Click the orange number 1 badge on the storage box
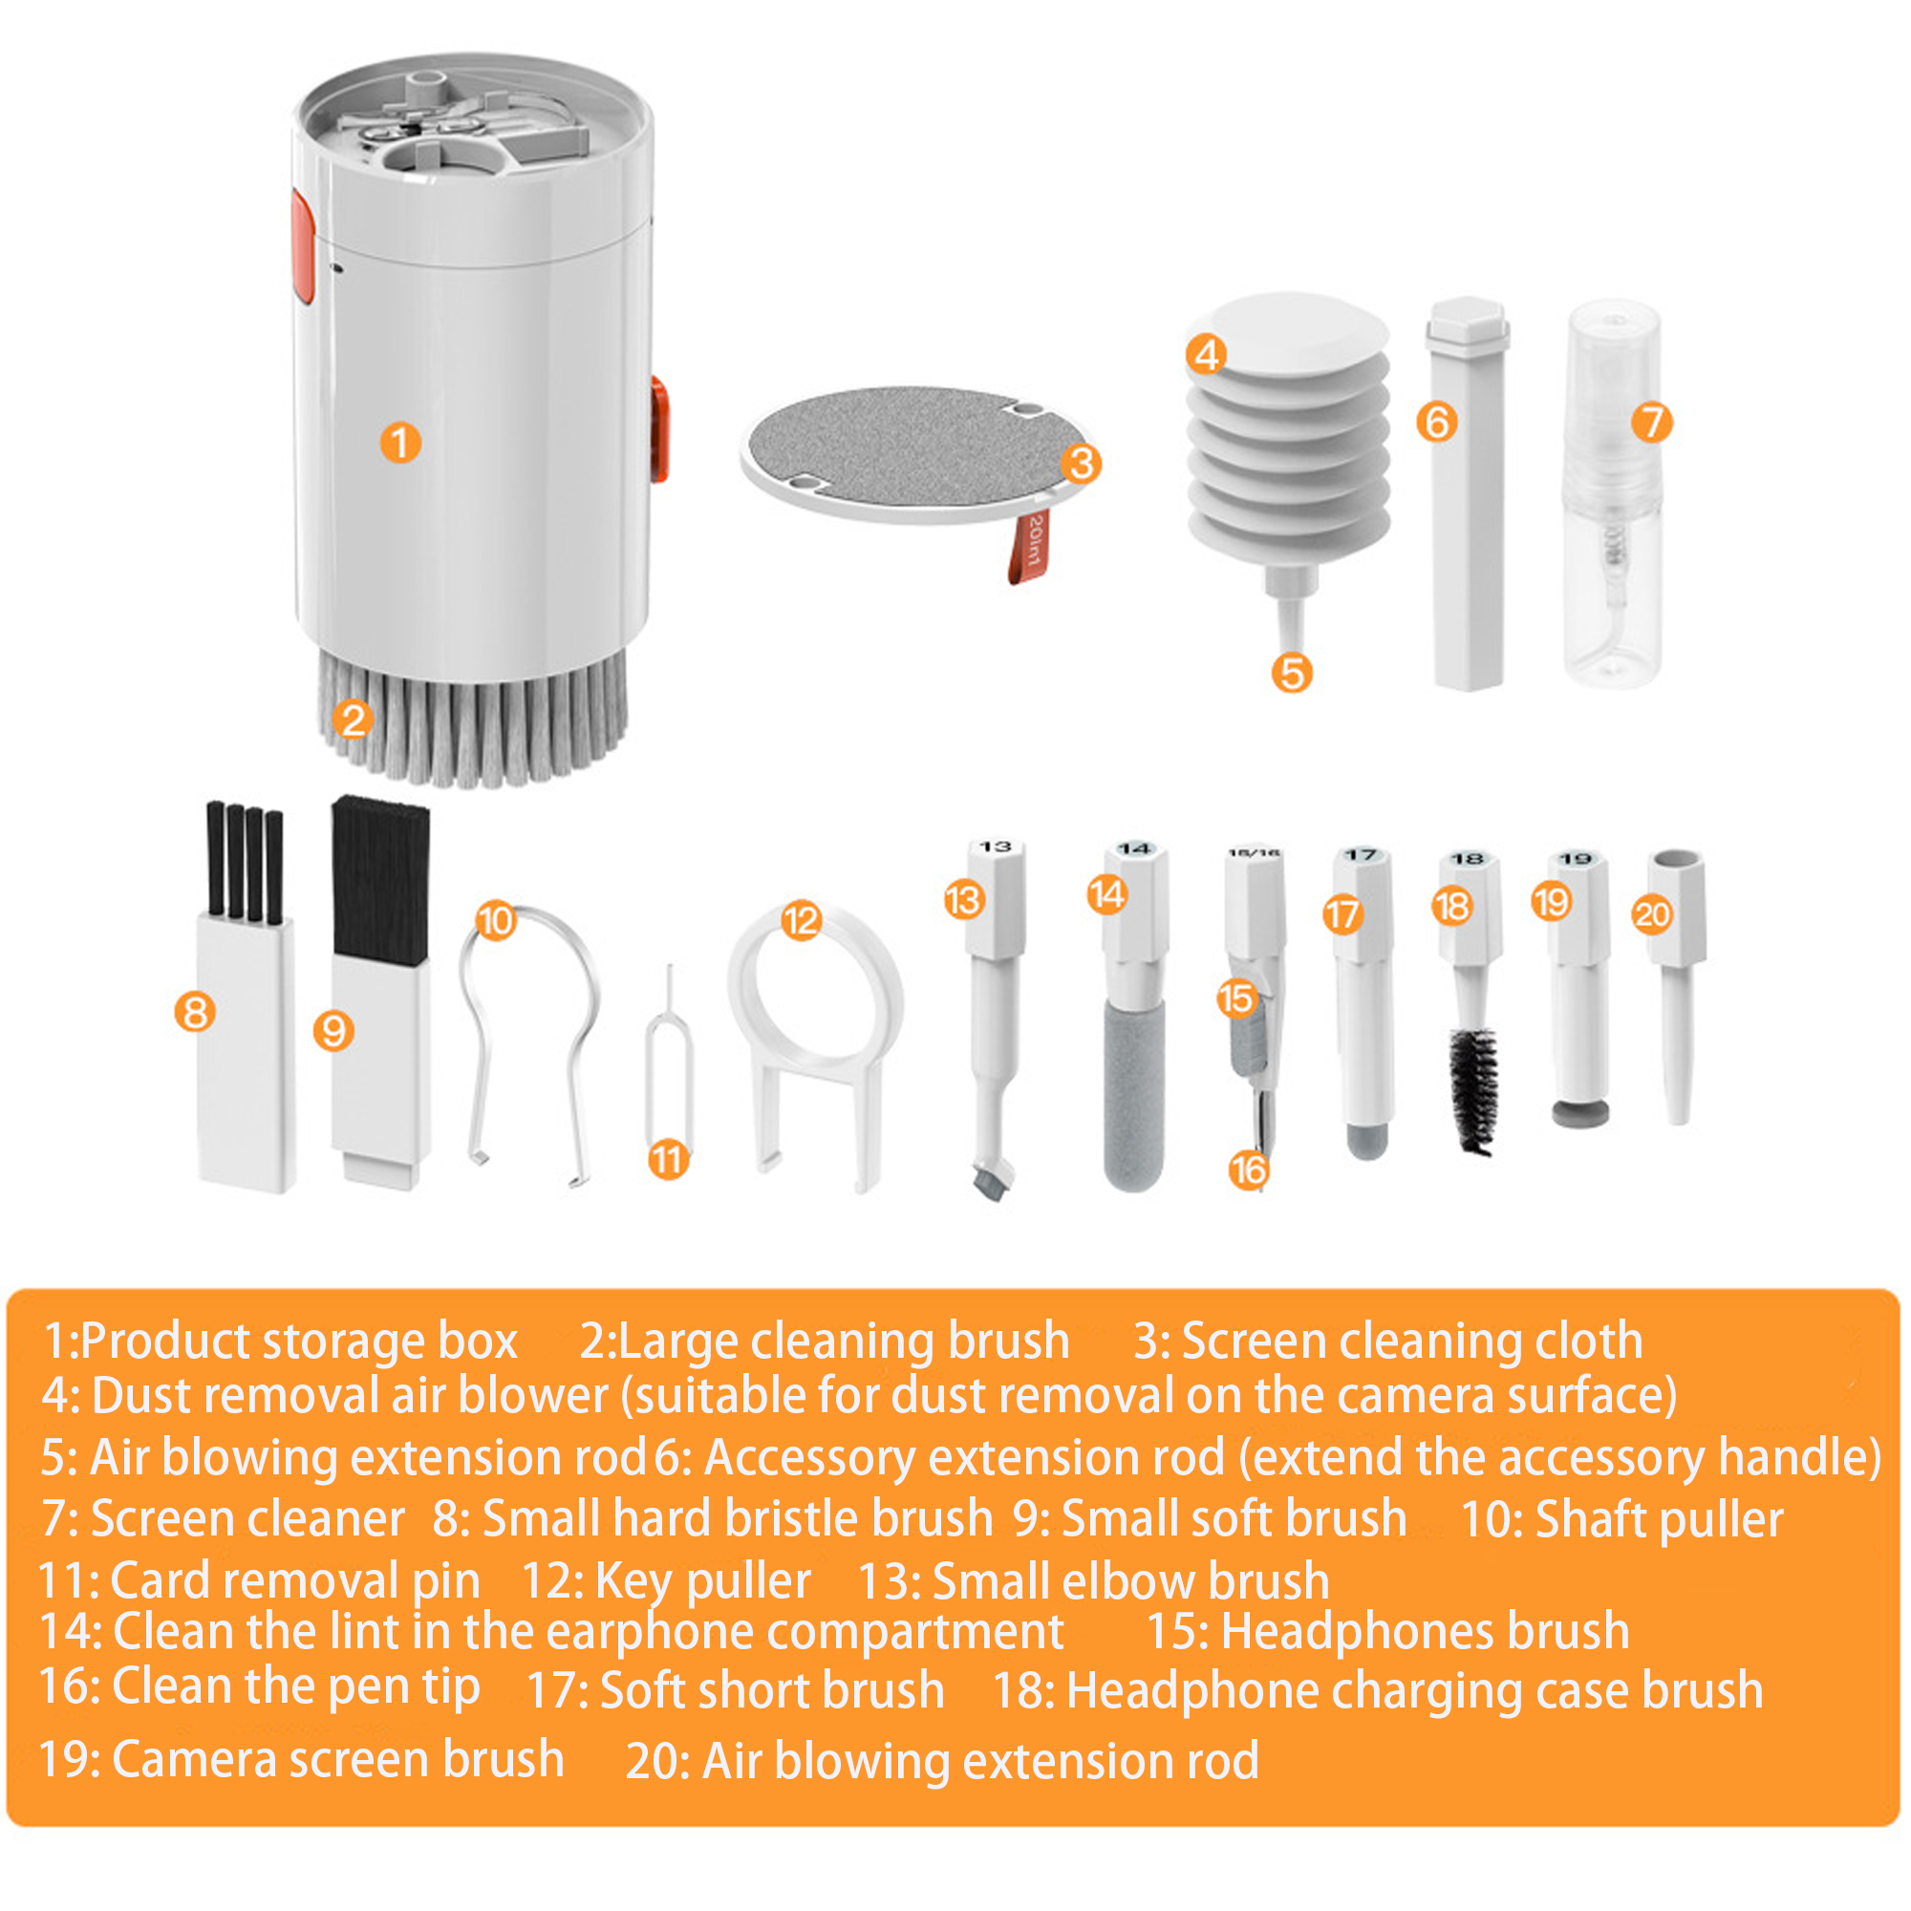(x=400, y=443)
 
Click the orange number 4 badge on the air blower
(x=1206, y=354)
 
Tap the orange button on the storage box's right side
(x=659, y=429)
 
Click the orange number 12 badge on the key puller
(x=802, y=921)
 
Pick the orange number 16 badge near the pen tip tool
(x=1247, y=1171)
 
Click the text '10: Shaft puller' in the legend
(x=1621, y=1520)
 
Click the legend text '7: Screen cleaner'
(x=224, y=1519)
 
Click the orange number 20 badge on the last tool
(x=1652, y=915)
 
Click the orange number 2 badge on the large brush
(x=354, y=719)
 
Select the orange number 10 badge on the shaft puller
(x=496, y=921)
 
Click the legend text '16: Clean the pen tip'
(x=259, y=1686)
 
